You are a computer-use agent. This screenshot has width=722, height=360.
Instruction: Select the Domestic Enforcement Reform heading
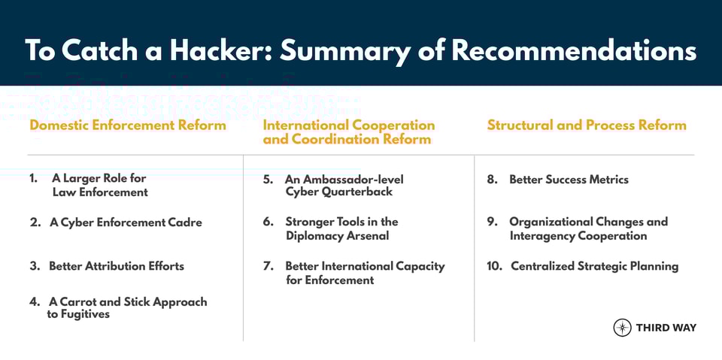point(127,125)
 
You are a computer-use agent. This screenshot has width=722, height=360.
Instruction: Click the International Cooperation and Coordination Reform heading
point(348,132)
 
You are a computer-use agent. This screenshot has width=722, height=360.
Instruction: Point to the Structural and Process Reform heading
point(587,125)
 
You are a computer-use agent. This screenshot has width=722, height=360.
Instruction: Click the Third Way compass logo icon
point(622,328)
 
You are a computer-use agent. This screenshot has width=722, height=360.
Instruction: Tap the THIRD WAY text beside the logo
point(666,328)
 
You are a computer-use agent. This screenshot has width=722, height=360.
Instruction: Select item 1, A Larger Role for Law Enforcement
point(99,185)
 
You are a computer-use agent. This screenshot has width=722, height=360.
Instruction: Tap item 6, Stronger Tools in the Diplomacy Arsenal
point(341,228)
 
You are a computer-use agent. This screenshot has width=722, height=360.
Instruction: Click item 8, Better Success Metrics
point(569,180)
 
